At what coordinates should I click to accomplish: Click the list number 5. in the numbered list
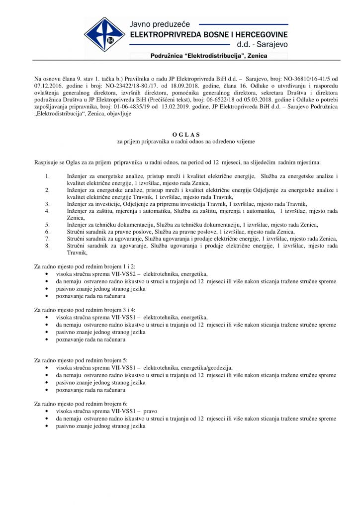tap(47, 225)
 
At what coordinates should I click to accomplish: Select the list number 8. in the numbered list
tap(47, 246)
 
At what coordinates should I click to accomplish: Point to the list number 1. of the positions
tap(47, 176)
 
